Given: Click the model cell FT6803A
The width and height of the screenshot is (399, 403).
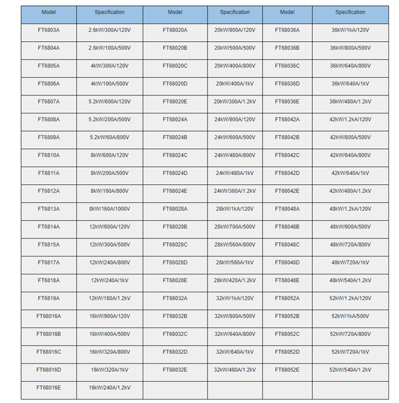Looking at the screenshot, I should pyautogui.click(x=48, y=30).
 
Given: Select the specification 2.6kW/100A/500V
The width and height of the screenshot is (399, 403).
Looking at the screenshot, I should pyautogui.click(x=109, y=48).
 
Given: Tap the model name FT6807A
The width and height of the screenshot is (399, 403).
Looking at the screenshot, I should pyautogui.click(x=48, y=101).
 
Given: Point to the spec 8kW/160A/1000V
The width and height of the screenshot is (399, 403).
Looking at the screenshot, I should pyautogui.click(x=109, y=209).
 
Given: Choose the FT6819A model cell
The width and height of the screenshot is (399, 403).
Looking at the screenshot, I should pyautogui.click(x=48, y=298).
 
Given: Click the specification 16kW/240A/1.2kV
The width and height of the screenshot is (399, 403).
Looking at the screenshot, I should pyautogui.click(x=109, y=387).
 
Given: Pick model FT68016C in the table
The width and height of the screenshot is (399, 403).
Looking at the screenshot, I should pyautogui.click(x=48, y=351).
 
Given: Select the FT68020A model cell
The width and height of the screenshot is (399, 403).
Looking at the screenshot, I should pyautogui.click(x=175, y=30).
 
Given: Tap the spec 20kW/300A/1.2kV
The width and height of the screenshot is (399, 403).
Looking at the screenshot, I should pyautogui.click(x=235, y=101).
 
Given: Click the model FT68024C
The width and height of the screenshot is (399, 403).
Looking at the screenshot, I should pyautogui.click(x=175, y=155).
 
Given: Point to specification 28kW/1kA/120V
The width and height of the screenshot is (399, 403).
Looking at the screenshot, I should pyautogui.click(x=235, y=209).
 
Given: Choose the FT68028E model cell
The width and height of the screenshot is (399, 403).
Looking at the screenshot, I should pyautogui.click(x=175, y=280).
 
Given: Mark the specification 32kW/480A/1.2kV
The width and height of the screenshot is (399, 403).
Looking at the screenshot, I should pyautogui.click(x=235, y=369).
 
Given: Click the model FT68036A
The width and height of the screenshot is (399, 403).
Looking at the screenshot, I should pyautogui.click(x=287, y=30).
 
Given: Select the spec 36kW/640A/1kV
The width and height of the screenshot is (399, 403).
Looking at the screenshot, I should pyautogui.click(x=350, y=84).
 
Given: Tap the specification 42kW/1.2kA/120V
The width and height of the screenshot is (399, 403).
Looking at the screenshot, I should pyautogui.click(x=350, y=119).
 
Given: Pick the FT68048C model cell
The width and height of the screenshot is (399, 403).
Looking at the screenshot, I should pyautogui.click(x=287, y=245).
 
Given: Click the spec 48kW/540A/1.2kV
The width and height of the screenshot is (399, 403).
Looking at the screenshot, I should pyautogui.click(x=350, y=280).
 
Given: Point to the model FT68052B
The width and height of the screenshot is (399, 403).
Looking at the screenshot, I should pyautogui.click(x=287, y=316).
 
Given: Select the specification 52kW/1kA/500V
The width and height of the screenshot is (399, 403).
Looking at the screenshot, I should pyautogui.click(x=350, y=316).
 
